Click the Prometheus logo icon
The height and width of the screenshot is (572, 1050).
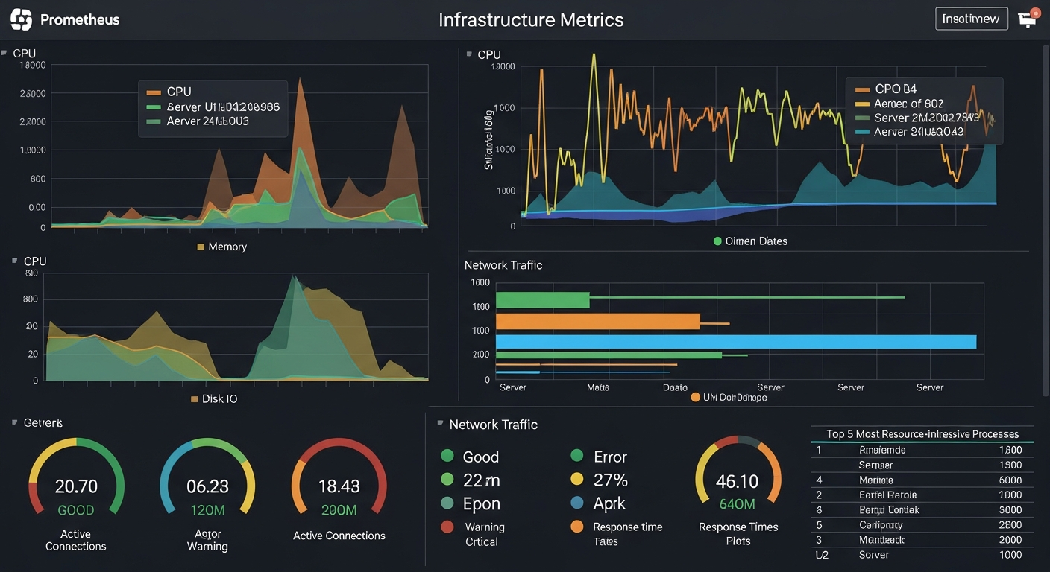pos(22,19)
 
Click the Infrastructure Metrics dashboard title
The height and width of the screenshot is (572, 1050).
pos(531,19)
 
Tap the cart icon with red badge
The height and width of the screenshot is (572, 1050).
pos(1028,19)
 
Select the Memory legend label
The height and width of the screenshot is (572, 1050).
pos(227,247)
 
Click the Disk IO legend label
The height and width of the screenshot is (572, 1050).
pos(219,399)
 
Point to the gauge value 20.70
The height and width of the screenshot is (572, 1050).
pos(76,486)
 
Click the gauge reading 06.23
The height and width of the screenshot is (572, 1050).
pos(207,486)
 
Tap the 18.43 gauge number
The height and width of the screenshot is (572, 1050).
pos(339,486)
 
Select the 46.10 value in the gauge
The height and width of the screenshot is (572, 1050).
pos(737,481)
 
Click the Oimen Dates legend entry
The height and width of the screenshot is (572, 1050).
pos(755,241)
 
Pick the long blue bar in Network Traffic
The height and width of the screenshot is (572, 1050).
pos(735,342)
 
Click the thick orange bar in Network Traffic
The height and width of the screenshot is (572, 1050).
pos(597,321)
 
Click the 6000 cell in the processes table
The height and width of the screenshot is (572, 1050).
pos(1010,480)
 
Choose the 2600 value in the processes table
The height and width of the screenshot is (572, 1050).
pos(1010,525)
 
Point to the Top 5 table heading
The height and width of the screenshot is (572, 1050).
pos(922,434)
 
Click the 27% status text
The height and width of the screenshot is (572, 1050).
pos(610,480)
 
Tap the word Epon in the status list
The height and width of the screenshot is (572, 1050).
pos(481,504)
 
